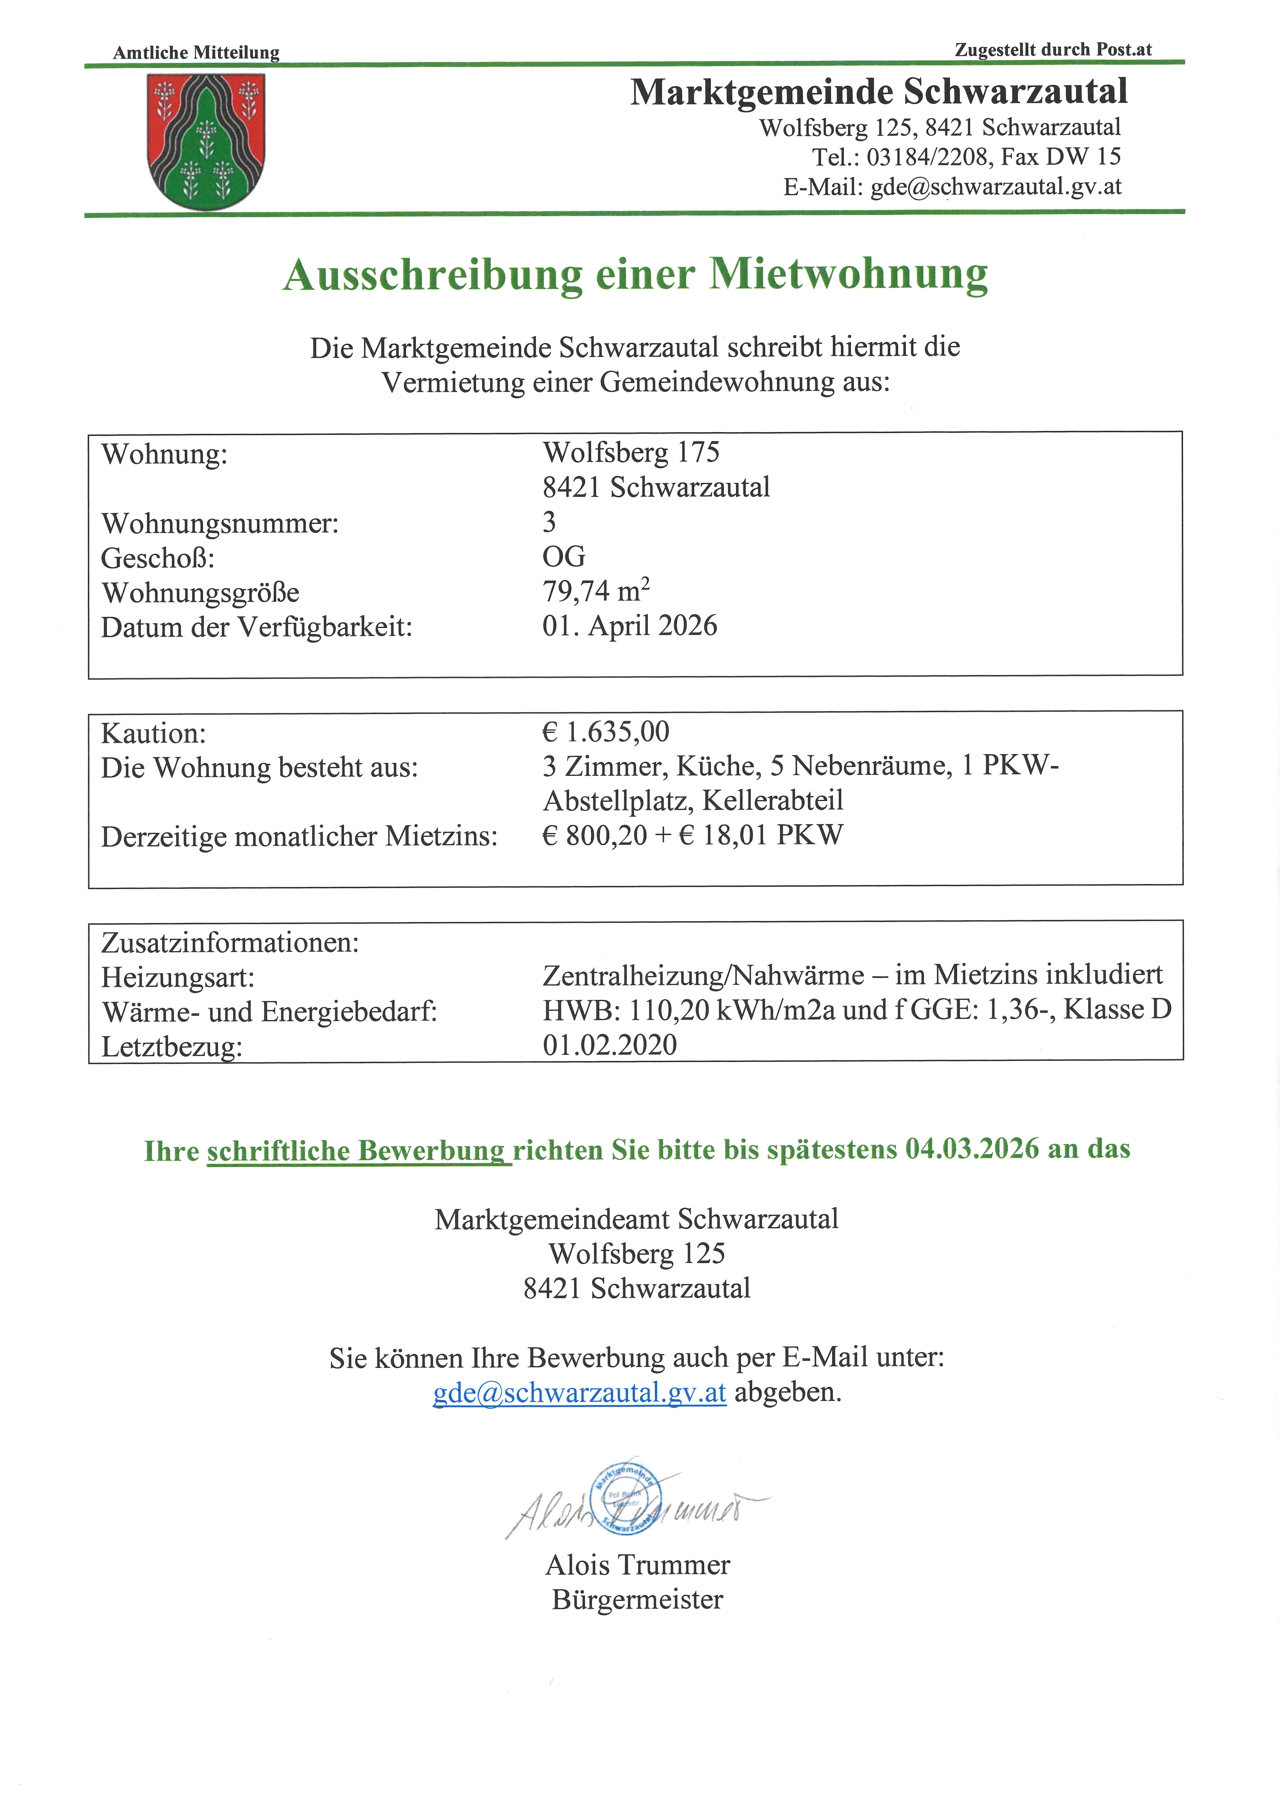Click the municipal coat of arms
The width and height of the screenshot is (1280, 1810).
(206, 142)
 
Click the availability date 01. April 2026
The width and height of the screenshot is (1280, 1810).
(629, 626)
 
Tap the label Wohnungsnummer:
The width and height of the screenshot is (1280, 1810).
(220, 523)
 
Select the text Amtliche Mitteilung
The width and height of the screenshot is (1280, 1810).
(196, 53)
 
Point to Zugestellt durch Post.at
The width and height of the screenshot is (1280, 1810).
(1053, 50)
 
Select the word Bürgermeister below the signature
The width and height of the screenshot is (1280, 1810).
(637, 1599)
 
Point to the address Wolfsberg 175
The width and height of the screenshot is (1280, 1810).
(631, 453)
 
